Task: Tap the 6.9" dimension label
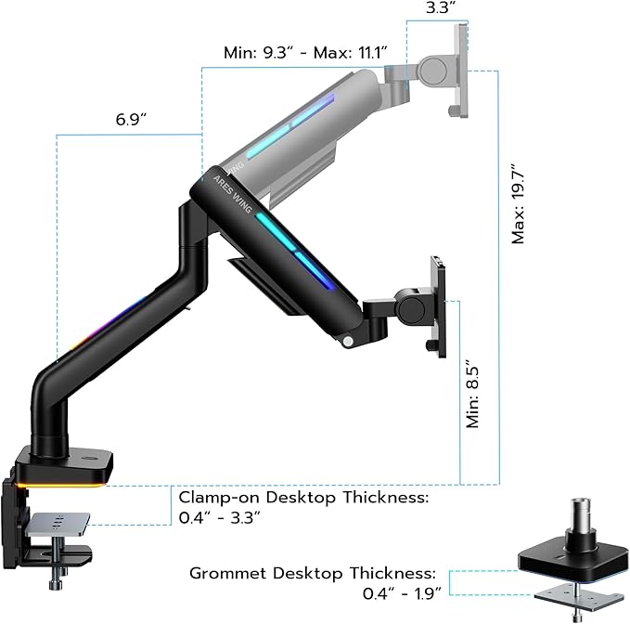pos(131,121)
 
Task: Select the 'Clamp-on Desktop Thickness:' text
pos(303,498)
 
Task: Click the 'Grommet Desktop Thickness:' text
pos(315,573)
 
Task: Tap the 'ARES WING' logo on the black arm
pos(227,188)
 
